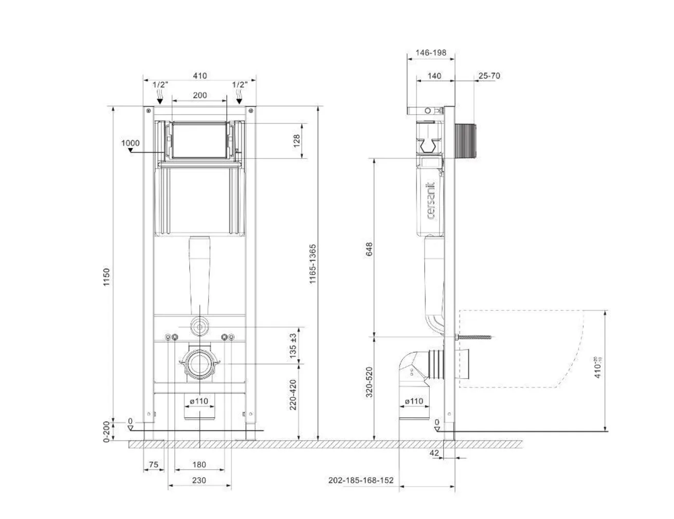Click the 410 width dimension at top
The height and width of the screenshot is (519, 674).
coord(199,76)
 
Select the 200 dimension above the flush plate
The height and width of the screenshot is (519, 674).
coord(199,95)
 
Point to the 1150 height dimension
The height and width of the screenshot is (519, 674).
coord(107,277)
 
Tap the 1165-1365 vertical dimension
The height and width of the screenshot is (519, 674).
coord(313,264)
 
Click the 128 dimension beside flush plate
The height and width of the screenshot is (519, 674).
coord(297,141)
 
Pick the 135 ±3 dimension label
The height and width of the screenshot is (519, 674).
coord(293,345)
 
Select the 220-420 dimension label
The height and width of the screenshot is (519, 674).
coord(293,395)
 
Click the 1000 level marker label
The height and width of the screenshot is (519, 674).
coord(131,143)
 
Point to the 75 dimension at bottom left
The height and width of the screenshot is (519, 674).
coord(153,465)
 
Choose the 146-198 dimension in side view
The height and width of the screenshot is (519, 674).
coord(430,52)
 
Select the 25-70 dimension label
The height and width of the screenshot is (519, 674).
coord(489,76)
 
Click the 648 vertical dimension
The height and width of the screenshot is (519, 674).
coord(369,249)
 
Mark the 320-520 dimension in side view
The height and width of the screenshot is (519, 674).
coord(369,382)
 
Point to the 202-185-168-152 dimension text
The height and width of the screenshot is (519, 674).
coord(361,480)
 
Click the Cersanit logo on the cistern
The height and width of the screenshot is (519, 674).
coord(431,200)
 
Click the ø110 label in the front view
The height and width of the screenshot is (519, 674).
coord(198,401)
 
